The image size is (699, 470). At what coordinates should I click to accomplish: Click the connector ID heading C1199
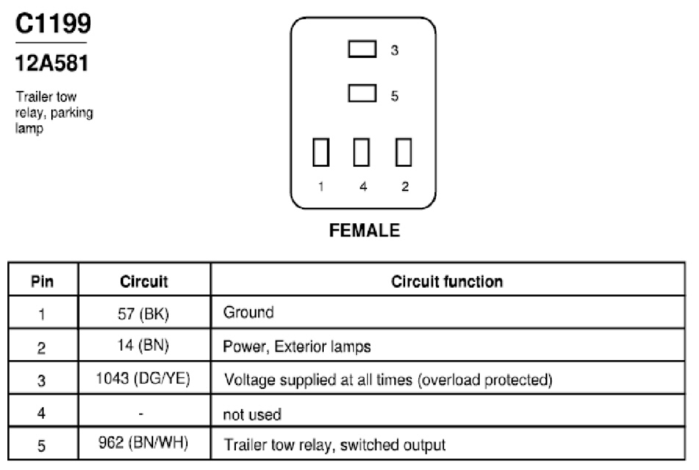point(53,23)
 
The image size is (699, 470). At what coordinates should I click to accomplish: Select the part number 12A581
point(52,63)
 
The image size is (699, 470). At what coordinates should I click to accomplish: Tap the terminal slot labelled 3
point(362,49)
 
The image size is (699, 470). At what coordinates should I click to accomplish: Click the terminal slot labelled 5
point(362,94)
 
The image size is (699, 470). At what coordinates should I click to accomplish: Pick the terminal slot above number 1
point(321,152)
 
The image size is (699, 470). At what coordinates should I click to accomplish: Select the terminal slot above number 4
point(361,152)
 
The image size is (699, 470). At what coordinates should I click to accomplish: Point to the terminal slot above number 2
point(404,152)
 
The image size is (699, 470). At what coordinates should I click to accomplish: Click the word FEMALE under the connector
point(365,231)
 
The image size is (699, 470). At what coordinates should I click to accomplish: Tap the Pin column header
point(42,282)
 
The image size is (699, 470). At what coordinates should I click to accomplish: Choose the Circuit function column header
point(447,282)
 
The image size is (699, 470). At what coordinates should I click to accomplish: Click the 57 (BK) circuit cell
point(144,314)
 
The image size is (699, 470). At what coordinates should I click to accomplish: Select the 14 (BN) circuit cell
point(144,346)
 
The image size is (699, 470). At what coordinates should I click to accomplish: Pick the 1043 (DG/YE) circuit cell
point(143,378)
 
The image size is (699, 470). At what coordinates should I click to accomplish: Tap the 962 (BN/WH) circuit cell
point(144,443)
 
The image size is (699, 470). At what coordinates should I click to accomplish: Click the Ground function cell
point(248,313)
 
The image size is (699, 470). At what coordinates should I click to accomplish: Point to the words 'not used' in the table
point(252,415)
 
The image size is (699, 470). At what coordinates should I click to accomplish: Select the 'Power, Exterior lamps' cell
point(297,346)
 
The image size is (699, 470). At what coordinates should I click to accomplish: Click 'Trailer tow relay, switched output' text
point(334,445)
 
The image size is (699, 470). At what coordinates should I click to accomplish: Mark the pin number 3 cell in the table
point(42,381)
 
